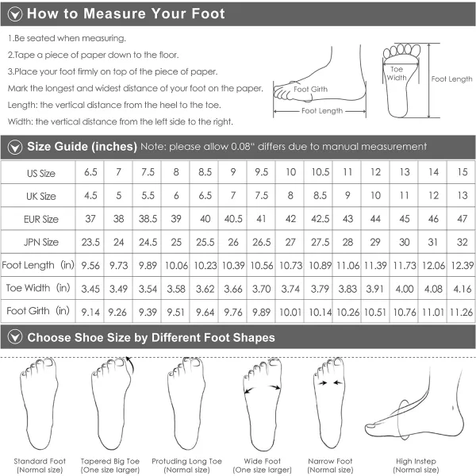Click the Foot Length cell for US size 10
[290, 265]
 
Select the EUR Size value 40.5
[233, 219]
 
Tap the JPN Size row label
[41, 242]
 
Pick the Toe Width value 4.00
[404, 289]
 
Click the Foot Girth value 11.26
[461, 312]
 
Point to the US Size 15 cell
[463, 172]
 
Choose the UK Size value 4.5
[90, 195]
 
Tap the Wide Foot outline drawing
[263, 404]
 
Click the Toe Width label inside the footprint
[397, 74]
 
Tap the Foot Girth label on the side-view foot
[310, 89]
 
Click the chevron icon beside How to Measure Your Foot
[15, 14]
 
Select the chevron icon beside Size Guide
[15, 148]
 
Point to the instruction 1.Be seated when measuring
[67, 38]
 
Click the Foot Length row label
[38, 265]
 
